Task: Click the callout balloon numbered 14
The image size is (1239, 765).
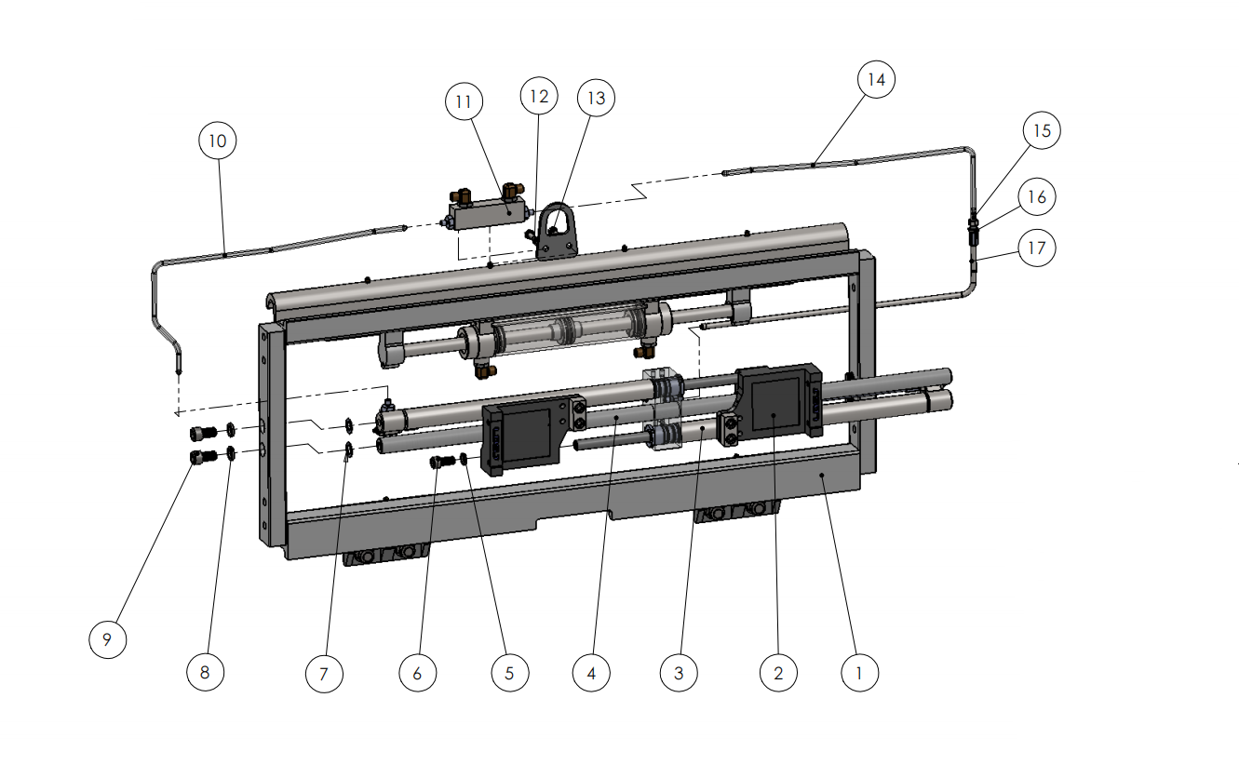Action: [876, 80]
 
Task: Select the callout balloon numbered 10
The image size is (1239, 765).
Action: [218, 141]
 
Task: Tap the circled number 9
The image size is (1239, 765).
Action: [107, 639]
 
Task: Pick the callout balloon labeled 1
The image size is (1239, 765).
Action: [859, 673]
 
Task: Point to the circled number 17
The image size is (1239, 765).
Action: [1037, 248]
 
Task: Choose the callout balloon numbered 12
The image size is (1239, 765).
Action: [539, 96]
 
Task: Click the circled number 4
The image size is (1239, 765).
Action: [591, 673]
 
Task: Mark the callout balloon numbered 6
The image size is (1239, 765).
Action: [418, 673]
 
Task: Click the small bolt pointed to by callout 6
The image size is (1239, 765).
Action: [442, 461]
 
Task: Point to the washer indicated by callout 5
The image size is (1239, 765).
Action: [464, 458]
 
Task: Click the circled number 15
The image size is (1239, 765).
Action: [1042, 130]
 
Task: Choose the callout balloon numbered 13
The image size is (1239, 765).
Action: [596, 98]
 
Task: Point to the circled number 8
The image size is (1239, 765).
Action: [205, 672]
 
